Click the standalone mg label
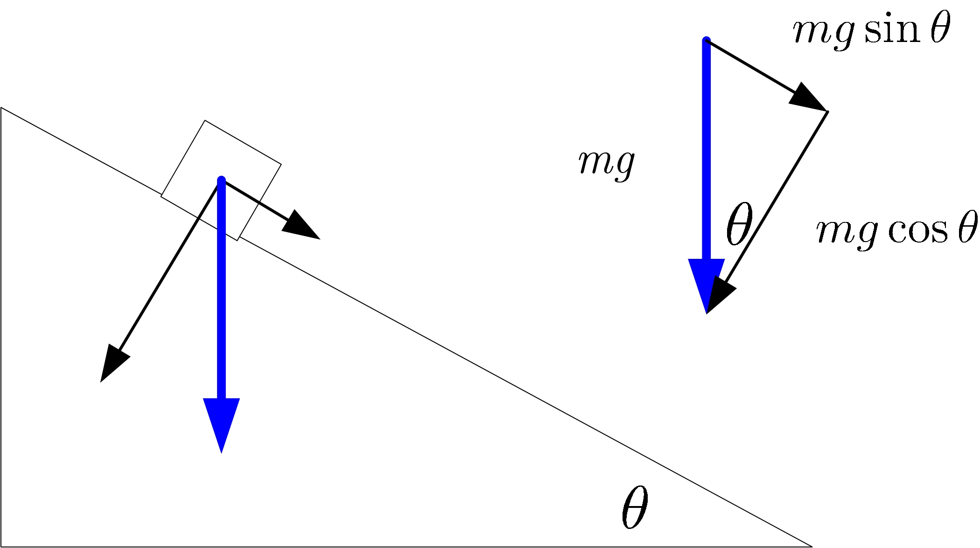click(x=606, y=164)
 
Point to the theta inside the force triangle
click(x=739, y=223)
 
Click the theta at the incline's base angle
click(x=635, y=507)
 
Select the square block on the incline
click(x=221, y=180)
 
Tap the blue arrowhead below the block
click(x=222, y=422)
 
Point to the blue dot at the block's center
click(x=222, y=180)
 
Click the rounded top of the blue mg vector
click(x=707, y=41)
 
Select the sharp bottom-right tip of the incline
click(x=811, y=546)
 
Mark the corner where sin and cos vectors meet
click(x=827, y=111)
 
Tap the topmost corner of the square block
click(x=205, y=121)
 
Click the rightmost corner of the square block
click(x=281, y=164)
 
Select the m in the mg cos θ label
click(x=832, y=231)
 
